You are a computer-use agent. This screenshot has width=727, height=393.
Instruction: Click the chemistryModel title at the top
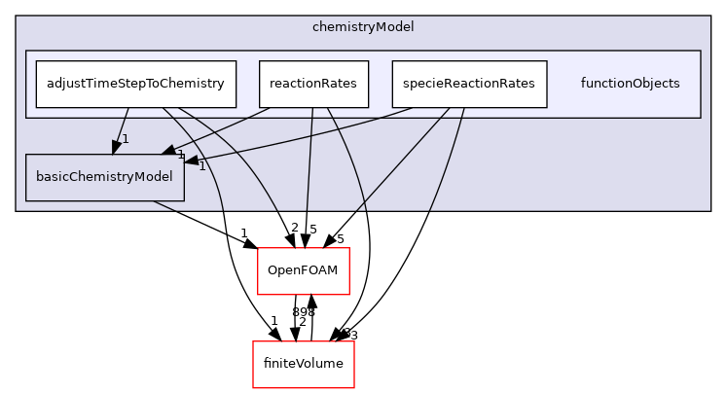point(363,27)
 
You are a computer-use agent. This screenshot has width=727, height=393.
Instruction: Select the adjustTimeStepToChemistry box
point(135,84)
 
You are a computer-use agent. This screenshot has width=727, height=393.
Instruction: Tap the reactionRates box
point(313,84)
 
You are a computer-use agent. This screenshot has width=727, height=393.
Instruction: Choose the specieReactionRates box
point(469,84)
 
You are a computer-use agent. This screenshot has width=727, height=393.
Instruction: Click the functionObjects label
point(630,84)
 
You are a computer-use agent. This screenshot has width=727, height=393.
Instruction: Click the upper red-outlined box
point(303,271)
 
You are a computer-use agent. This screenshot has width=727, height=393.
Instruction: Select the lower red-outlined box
point(303,365)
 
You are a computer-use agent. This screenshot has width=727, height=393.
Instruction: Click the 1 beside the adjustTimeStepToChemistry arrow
point(126,139)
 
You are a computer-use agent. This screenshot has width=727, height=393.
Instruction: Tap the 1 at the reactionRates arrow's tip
point(180,155)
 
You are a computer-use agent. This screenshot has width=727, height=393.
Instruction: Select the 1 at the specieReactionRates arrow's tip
point(201,166)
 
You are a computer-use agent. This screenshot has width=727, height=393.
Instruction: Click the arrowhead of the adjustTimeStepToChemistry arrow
point(116,147)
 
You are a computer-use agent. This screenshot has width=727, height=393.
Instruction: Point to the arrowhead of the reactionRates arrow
point(168,151)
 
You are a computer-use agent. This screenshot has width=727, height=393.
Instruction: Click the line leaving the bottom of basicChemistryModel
point(164,205)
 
